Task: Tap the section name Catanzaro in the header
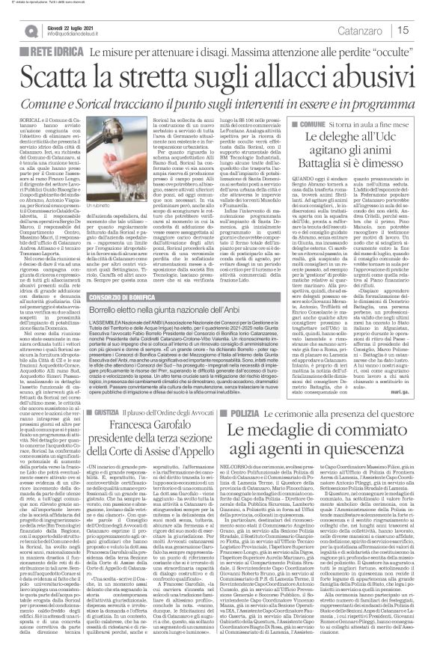coord(366,29)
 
